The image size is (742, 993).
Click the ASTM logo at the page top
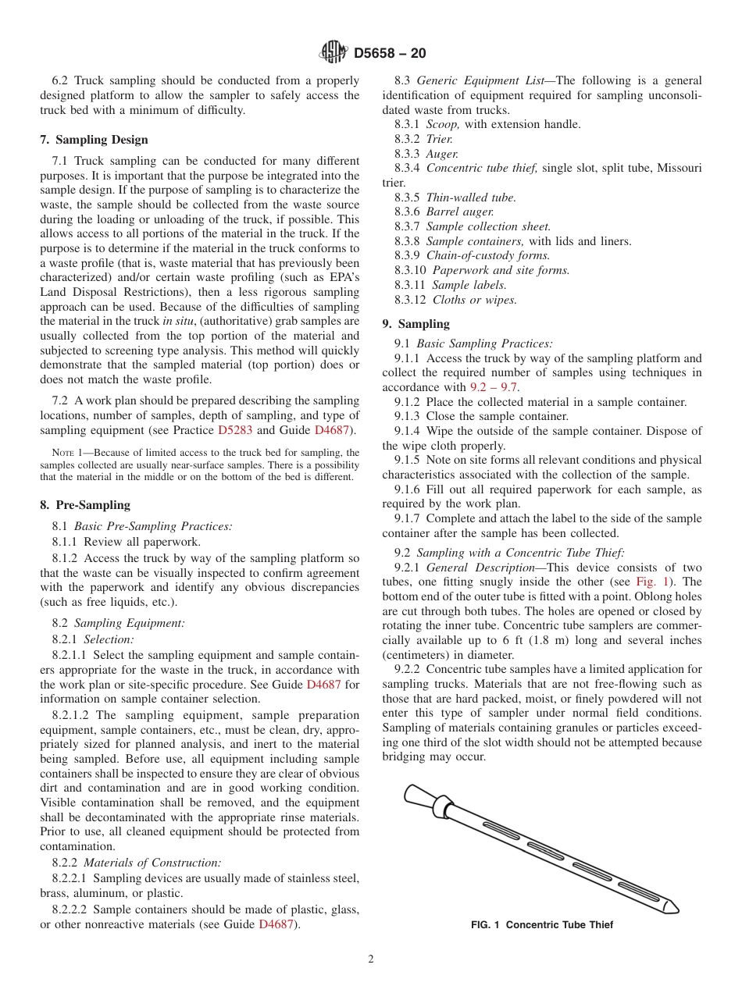click(333, 53)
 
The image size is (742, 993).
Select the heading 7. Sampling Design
click(94, 140)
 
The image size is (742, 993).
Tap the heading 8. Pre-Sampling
click(85, 505)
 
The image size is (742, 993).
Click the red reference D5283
click(235, 430)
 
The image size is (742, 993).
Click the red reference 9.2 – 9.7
click(494, 387)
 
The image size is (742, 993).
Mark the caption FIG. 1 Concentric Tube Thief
click(541, 925)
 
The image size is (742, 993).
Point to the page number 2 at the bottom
click(371, 959)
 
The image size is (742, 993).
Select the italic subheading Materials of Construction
click(152, 863)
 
